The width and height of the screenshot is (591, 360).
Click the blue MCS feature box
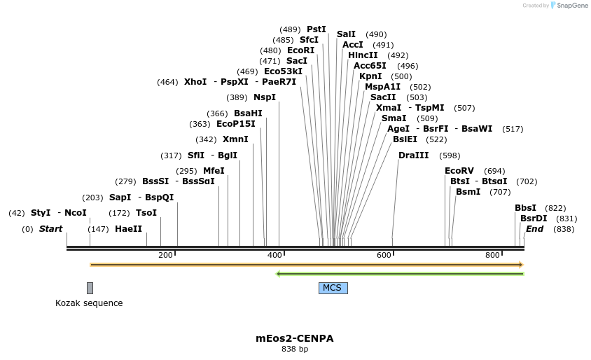[x=333, y=288]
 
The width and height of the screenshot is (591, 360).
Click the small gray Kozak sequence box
[x=90, y=288]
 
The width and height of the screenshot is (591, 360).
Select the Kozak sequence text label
[x=89, y=303]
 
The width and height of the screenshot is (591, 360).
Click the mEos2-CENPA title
[x=294, y=338]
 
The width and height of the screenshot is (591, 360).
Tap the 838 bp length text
[x=294, y=349]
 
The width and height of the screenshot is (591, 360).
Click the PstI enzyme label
[x=317, y=29]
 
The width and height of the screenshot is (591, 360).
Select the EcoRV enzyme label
[x=459, y=171]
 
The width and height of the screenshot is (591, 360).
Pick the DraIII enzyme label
[x=413, y=155]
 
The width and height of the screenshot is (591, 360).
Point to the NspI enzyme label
[x=265, y=97]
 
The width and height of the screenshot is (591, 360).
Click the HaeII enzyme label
[x=128, y=229]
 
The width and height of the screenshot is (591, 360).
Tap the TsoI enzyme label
[x=146, y=213]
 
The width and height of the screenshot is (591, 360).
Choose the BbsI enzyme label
[x=525, y=208]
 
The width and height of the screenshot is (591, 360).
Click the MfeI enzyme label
[x=214, y=171]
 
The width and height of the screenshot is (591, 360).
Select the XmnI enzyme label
[x=235, y=139]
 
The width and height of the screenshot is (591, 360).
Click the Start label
[x=50, y=229]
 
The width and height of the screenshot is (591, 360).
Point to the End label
[x=534, y=229]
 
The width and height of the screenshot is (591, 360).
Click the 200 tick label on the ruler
[x=165, y=255]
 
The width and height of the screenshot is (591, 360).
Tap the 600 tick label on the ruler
[x=384, y=255]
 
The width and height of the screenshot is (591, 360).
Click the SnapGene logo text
[x=573, y=6]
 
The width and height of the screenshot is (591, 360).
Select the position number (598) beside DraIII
[x=450, y=155]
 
